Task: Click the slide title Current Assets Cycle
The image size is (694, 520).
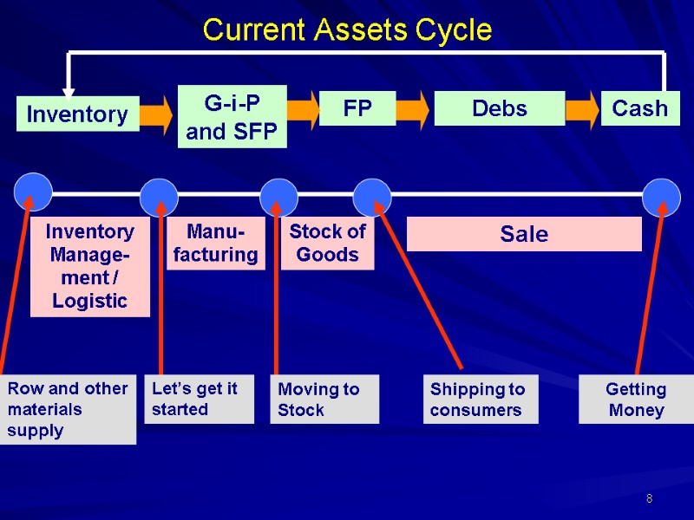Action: [x=347, y=31]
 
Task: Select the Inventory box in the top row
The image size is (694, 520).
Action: [x=77, y=114]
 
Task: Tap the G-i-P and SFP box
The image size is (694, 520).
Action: [x=232, y=116]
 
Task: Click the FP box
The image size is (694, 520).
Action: [x=357, y=109]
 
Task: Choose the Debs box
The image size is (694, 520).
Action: [x=499, y=109]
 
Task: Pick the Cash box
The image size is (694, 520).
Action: [x=640, y=108]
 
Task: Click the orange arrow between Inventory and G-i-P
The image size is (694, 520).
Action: [x=157, y=114]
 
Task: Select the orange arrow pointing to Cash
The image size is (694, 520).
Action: [x=582, y=109]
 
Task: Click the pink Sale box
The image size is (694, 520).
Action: [x=524, y=234]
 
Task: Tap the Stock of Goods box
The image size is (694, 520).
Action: [x=327, y=244]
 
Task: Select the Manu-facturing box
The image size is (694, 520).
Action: [x=216, y=244]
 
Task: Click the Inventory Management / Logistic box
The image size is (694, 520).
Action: [x=90, y=266]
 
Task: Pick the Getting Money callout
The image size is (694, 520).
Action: [x=636, y=400]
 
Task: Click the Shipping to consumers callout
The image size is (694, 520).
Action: [x=481, y=400]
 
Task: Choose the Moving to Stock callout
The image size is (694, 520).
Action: [x=325, y=400]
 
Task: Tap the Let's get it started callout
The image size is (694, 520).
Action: [x=199, y=399]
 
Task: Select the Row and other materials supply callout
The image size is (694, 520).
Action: [x=68, y=409]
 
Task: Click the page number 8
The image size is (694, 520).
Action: [x=648, y=498]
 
